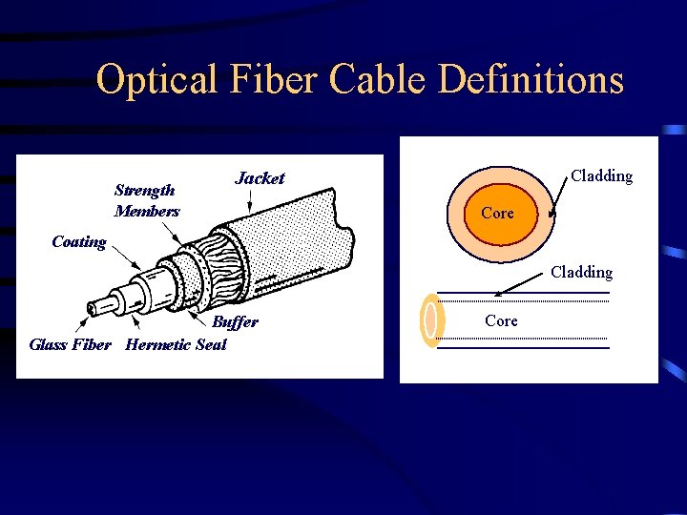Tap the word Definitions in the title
[531, 80]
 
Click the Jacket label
[260, 178]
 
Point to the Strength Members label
[145, 200]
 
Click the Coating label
[78, 241]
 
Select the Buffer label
[235, 322]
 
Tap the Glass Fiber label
[70, 344]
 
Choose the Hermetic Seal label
[176, 344]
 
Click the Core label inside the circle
[497, 213]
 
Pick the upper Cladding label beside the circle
[601, 175]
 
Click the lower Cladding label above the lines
[581, 272]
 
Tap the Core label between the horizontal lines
[501, 320]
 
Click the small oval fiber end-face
[430, 319]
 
